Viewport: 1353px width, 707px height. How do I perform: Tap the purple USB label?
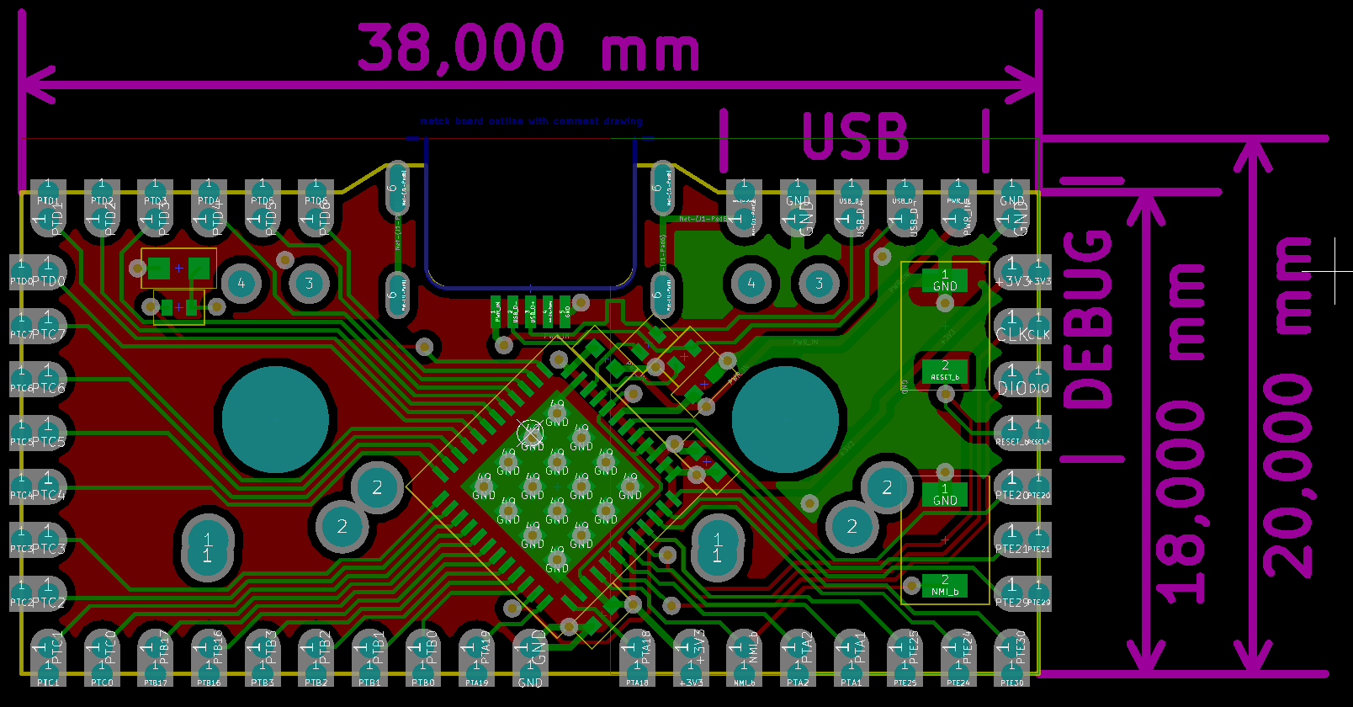855,136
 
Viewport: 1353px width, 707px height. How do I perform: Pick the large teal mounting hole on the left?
275,419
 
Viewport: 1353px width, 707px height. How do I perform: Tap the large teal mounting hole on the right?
785,419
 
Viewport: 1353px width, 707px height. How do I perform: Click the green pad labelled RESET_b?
945,371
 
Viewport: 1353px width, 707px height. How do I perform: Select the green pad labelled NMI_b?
945,586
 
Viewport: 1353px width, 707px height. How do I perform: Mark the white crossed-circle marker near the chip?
530,433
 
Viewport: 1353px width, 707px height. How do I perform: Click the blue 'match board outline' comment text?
531,121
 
